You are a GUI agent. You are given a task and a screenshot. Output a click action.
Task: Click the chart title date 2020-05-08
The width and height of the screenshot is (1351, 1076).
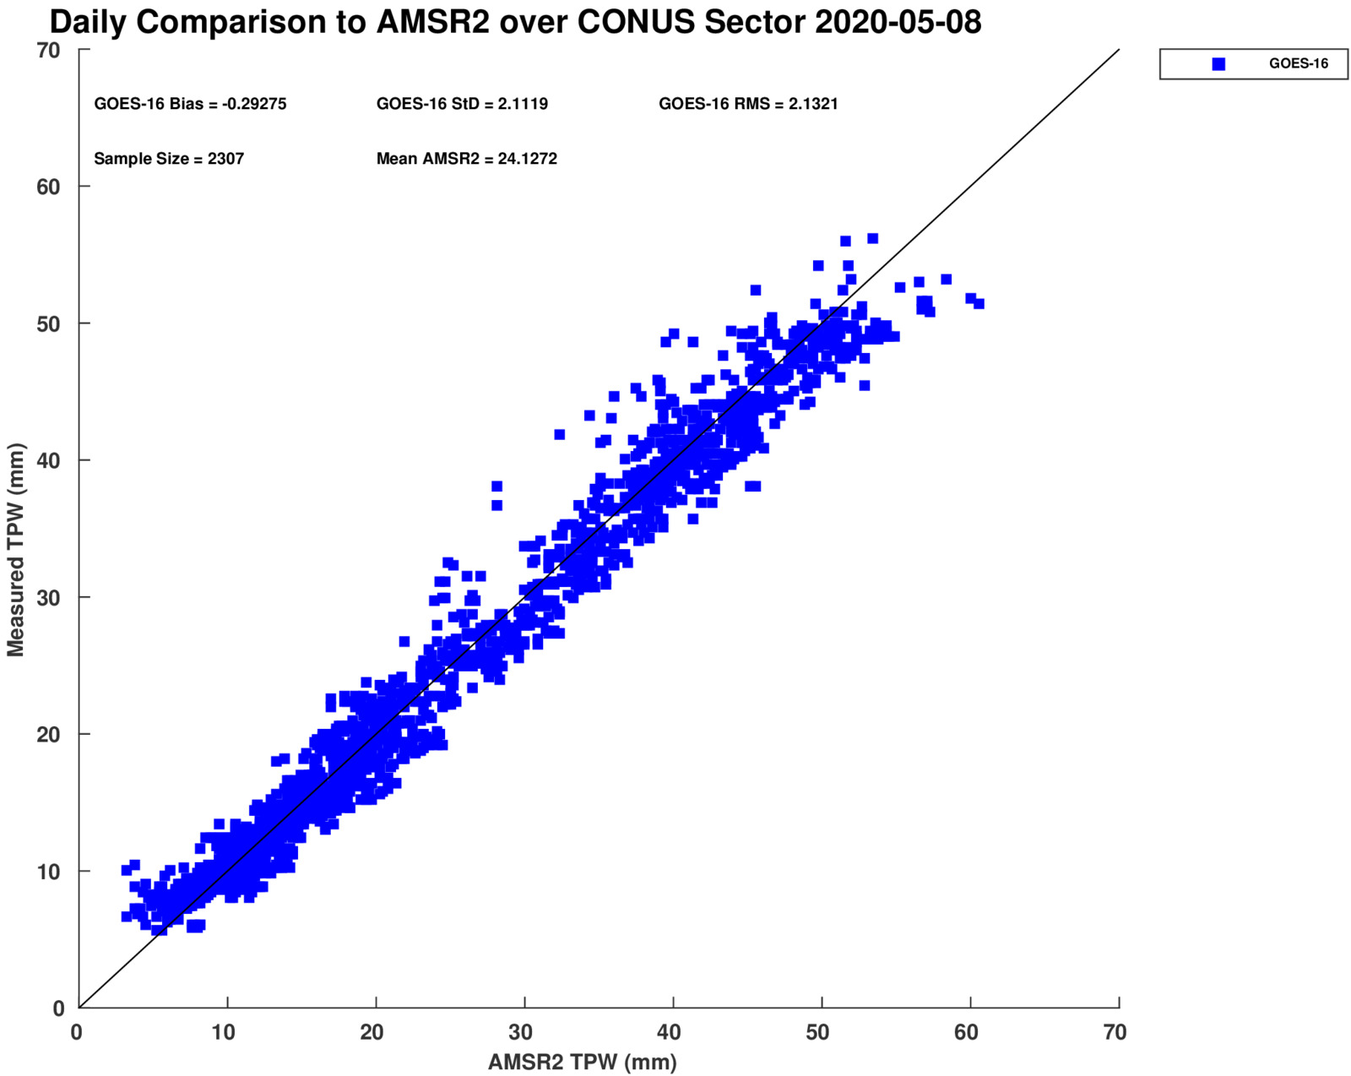(898, 23)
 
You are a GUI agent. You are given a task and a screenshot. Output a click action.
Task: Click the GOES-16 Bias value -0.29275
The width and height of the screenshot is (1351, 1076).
(253, 104)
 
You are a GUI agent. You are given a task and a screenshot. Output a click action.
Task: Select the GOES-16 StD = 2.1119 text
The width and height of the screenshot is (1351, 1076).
(462, 104)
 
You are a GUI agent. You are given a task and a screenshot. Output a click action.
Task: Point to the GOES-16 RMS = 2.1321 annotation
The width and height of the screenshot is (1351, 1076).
(748, 104)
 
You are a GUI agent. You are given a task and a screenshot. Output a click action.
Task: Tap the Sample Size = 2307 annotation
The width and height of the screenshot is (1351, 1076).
(169, 159)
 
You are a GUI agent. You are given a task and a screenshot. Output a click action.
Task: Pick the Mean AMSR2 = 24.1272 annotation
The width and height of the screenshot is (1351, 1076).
(466, 159)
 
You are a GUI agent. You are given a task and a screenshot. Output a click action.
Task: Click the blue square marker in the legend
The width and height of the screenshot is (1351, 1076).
(1218, 64)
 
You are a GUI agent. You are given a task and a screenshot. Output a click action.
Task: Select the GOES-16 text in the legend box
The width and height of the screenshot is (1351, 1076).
(1298, 64)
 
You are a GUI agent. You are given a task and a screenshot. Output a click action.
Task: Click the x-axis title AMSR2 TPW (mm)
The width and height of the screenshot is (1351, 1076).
(582, 1062)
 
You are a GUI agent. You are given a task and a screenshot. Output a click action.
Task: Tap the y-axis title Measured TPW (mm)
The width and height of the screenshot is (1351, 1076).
(15, 550)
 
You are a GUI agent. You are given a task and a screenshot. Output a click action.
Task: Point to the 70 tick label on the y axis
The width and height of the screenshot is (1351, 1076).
(49, 51)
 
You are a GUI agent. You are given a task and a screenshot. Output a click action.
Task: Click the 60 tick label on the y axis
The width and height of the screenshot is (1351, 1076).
(49, 187)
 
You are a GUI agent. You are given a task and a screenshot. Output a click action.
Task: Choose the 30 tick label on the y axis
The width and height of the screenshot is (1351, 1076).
(49, 598)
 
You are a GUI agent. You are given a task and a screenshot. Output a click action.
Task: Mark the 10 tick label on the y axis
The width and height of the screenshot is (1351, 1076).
(49, 872)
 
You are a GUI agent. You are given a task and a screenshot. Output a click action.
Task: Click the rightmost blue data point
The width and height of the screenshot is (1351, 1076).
(979, 304)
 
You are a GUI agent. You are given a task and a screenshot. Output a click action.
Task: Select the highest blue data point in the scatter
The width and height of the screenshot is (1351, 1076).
(873, 239)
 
